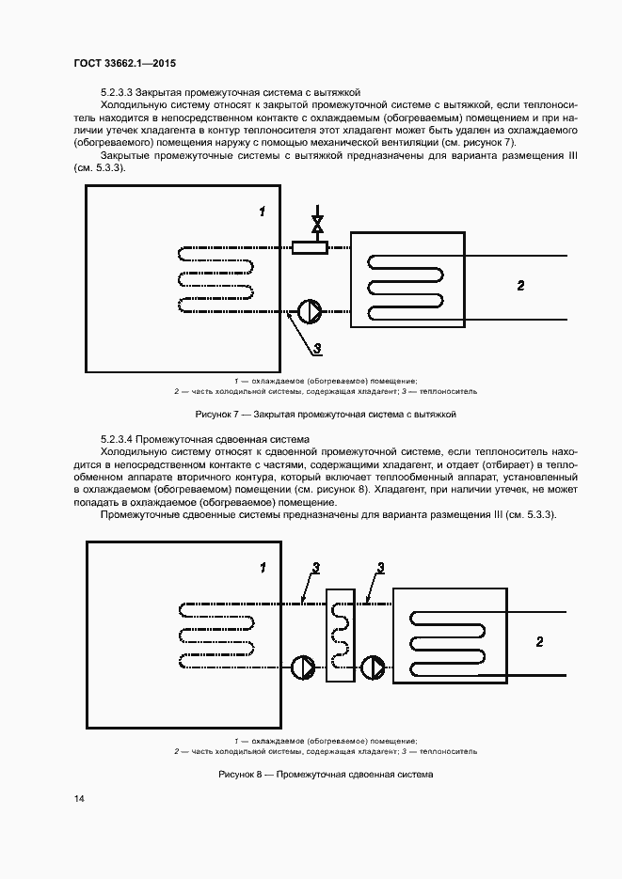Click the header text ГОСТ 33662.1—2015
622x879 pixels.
point(124,63)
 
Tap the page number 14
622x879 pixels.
point(79,799)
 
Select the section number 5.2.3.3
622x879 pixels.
point(117,93)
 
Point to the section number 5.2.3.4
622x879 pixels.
point(117,439)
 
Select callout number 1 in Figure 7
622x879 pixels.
point(263,212)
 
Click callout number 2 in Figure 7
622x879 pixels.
point(520,285)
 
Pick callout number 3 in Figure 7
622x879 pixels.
point(318,350)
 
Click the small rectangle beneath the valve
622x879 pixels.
point(310,247)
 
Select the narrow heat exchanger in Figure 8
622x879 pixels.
point(339,636)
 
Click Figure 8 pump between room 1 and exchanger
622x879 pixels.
point(304,667)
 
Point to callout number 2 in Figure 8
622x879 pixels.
point(539,642)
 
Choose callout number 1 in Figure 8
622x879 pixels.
point(263,568)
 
